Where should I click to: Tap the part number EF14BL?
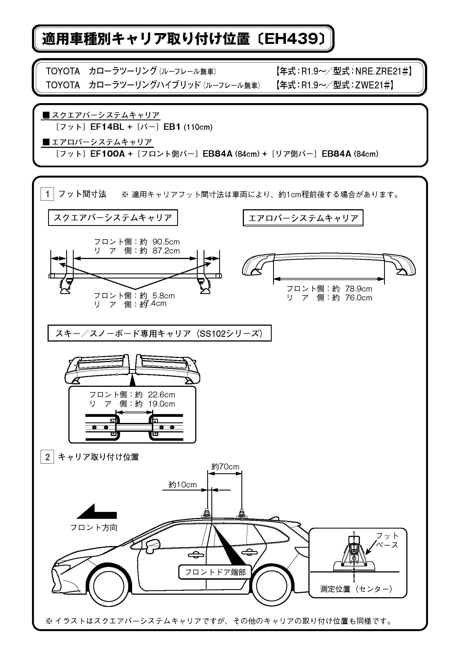pos(107,127)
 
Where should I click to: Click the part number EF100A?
pos(107,154)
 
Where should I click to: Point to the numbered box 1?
pos(47,194)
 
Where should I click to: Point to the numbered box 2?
pos(47,457)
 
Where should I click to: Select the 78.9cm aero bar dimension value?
pos(358,289)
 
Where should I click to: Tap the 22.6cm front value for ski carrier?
pos(162,395)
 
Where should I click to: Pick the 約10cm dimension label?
pos(182,485)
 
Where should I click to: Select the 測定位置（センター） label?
pos(356,589)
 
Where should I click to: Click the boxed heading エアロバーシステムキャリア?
pos(303,218)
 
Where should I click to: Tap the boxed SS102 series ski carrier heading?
pos(159,333)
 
